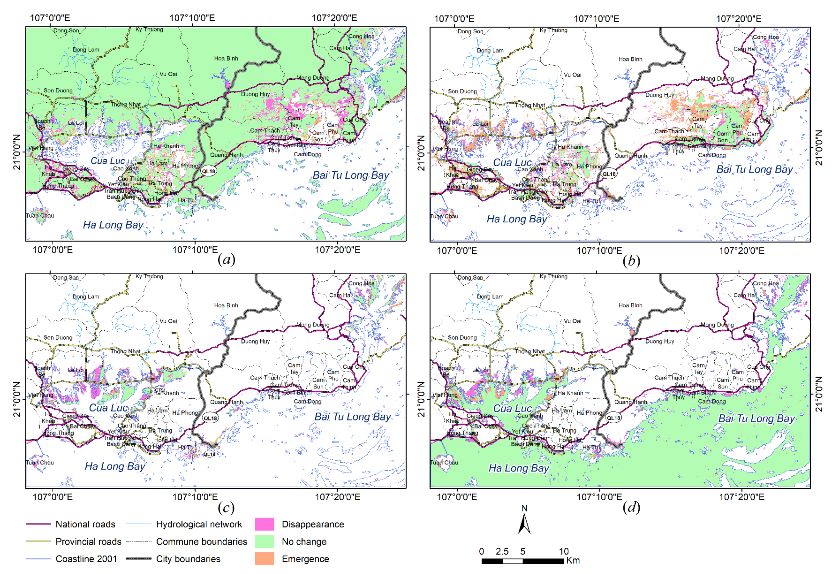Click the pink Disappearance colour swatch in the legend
pyautogui.click(x=264, y=524)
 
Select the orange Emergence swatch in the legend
pyautogui.click(x=264, y=559)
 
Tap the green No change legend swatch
pyautogui.click(x=264, y=541)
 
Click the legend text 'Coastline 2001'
pyautogui.click(x=86, y=559)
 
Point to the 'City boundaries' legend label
pyautogui.click(x=188, y=559)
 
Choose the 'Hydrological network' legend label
pyautogui.click(x=199, y=524)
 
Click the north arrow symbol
pyautogui.click(x=524, y=523)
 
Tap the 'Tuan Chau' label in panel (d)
pyautogui.click(x=444, y=463)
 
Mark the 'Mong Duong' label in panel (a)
pyautogui.click(x=313, y=78)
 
